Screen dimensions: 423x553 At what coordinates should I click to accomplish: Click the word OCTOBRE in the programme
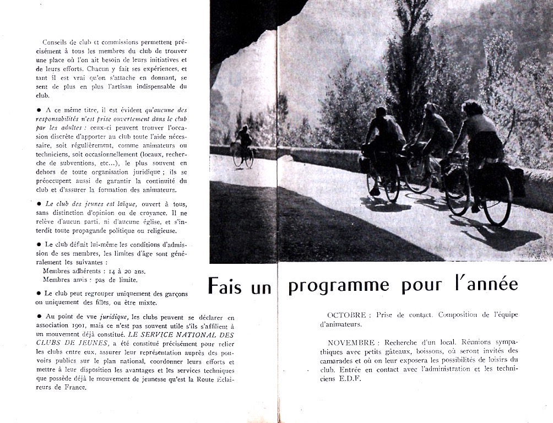pyautogui.click(x=346, y=315)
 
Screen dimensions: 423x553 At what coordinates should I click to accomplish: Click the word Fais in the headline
pyautogui.click(x=225, y=285)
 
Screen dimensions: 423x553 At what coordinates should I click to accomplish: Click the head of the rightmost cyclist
pyautogui.click(x=472, y=107)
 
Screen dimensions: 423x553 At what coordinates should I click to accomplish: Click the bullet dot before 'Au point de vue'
pyautogui.click(x=38, y=316)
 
